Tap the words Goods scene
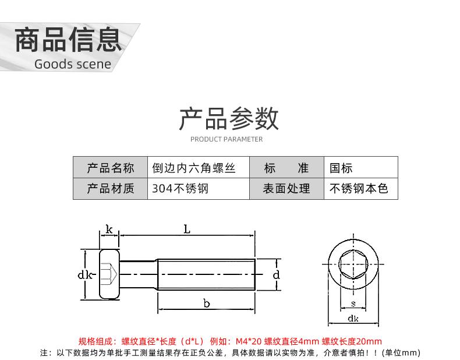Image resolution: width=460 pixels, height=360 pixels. (x=72, y=64)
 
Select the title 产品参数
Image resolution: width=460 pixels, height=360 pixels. (x=229, y=118)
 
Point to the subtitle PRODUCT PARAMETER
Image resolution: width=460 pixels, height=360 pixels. (x=227, y=139)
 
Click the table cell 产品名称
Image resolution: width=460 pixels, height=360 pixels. (x=111, y=168)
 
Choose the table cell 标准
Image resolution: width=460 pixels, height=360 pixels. (x=286, y=168)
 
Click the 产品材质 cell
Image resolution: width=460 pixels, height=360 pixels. (x=111, y=189)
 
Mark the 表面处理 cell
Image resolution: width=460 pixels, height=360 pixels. (x=286, y=189)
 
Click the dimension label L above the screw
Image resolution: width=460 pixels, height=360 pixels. (x=187, y=230)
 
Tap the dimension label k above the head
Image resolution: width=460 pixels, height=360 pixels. (x=109, y=230)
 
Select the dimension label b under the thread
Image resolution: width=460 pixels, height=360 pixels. (x=206, y=303)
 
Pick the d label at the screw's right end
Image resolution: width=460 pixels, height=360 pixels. (x=277, y=274)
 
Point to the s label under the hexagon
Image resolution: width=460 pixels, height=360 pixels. (x=353, y=303)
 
